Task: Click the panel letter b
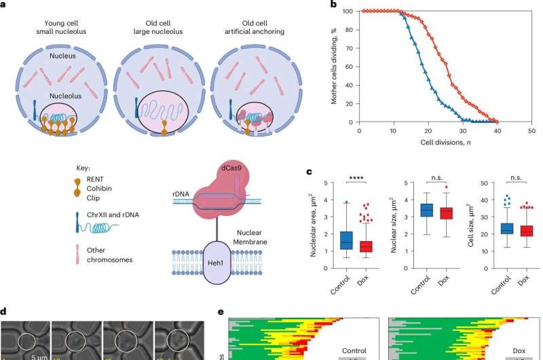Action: point(334,5)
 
